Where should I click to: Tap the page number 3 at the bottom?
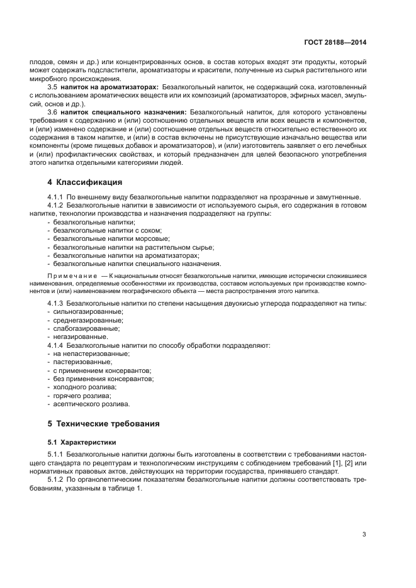(x=364, y=535)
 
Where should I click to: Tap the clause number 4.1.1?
(x=55, y=197)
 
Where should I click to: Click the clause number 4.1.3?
(x=55, y=304)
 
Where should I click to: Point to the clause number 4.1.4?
(x=55, y=345)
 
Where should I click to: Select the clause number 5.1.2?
(x=55, y=480)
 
